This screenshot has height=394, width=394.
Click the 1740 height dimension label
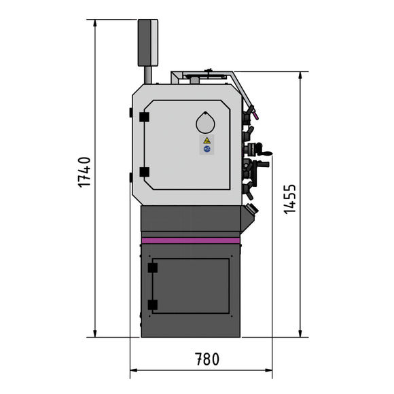(84, 172)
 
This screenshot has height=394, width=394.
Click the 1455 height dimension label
(289, 198)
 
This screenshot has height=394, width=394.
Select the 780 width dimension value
(207, 358)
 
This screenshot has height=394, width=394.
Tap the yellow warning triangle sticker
(207, 140)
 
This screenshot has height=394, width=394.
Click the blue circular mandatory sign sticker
(207, 149)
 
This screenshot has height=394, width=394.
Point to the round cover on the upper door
(205, 122)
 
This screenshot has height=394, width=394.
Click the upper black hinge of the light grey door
(144, 117)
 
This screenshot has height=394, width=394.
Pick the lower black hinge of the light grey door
(144, 173)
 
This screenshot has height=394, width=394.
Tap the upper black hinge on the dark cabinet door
(152, 268)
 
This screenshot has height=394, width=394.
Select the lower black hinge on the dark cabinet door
(152, 305)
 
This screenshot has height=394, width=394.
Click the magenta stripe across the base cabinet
(191, 240)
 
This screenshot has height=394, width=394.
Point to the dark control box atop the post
(147, 42)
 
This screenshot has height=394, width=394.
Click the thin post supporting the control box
(147, 75)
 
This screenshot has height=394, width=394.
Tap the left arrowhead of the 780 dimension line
(133, 370)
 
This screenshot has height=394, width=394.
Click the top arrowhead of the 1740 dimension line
(96, 23)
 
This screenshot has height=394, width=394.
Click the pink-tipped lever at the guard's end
(250, 109)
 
